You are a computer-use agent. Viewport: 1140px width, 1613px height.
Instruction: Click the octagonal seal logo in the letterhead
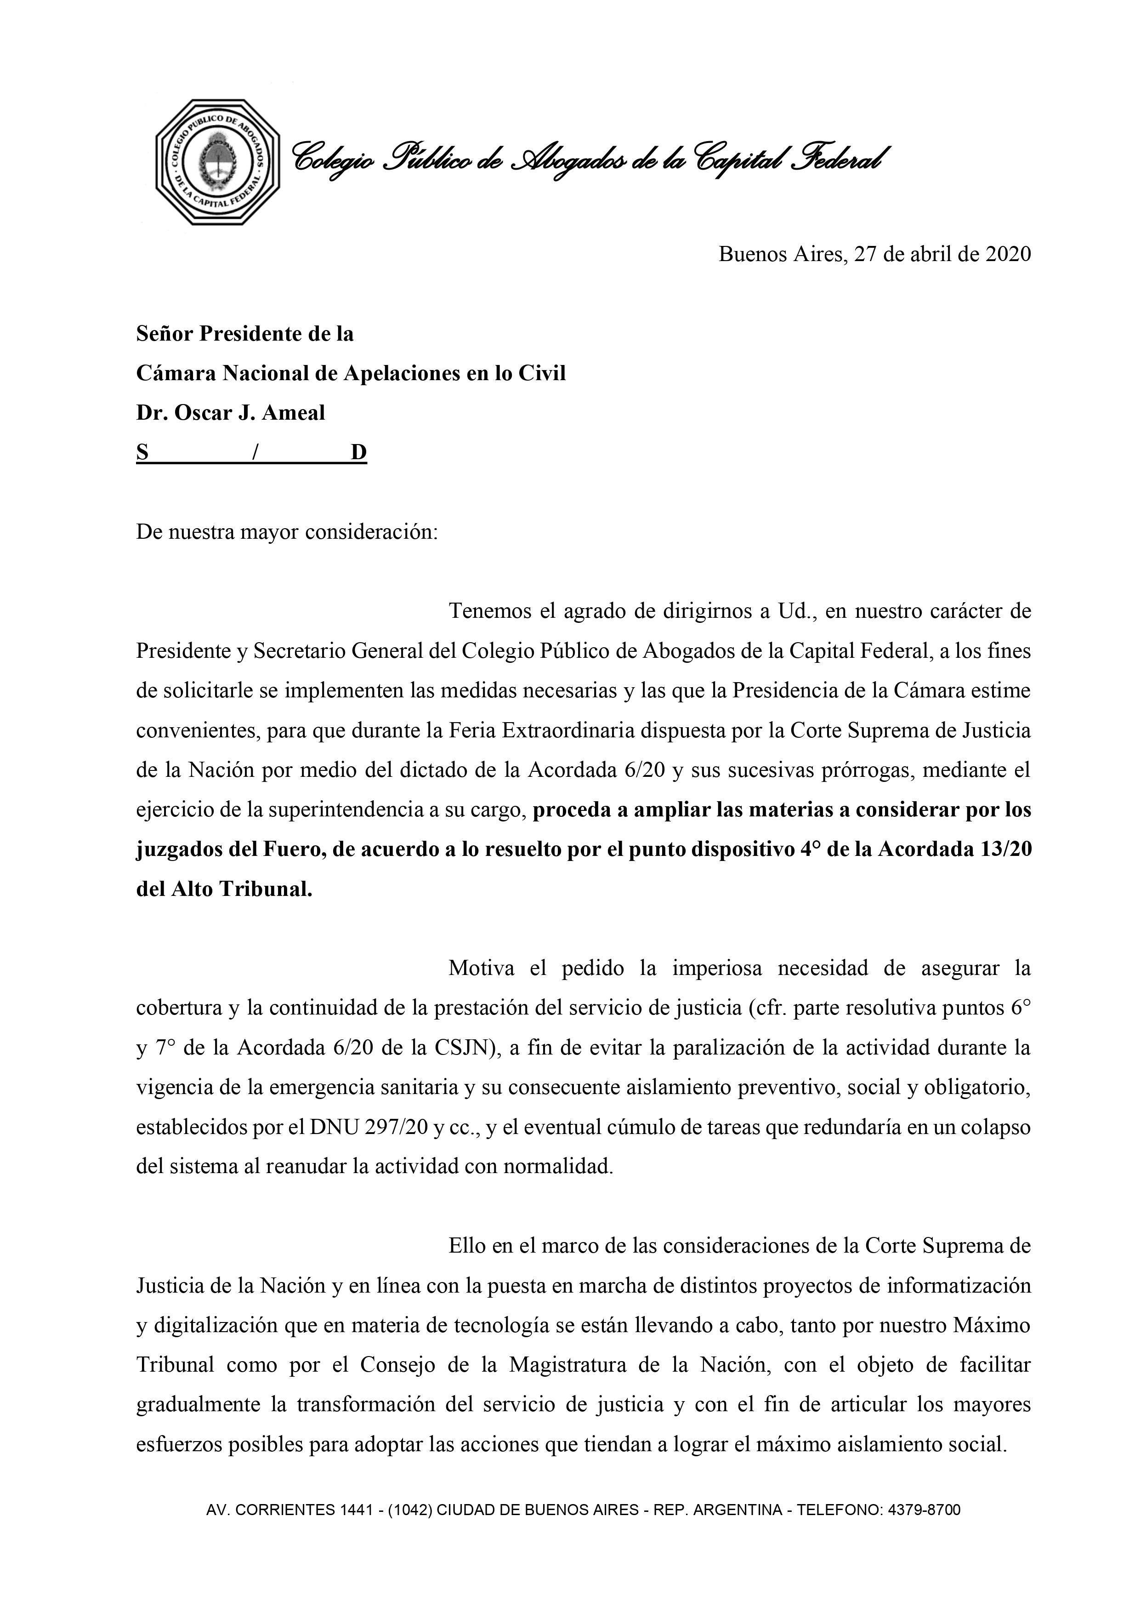pyautogui.click(x=218, y=162)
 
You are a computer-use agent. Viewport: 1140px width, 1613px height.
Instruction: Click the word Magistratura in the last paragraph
pyautogui.click(x=573, y=1366)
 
